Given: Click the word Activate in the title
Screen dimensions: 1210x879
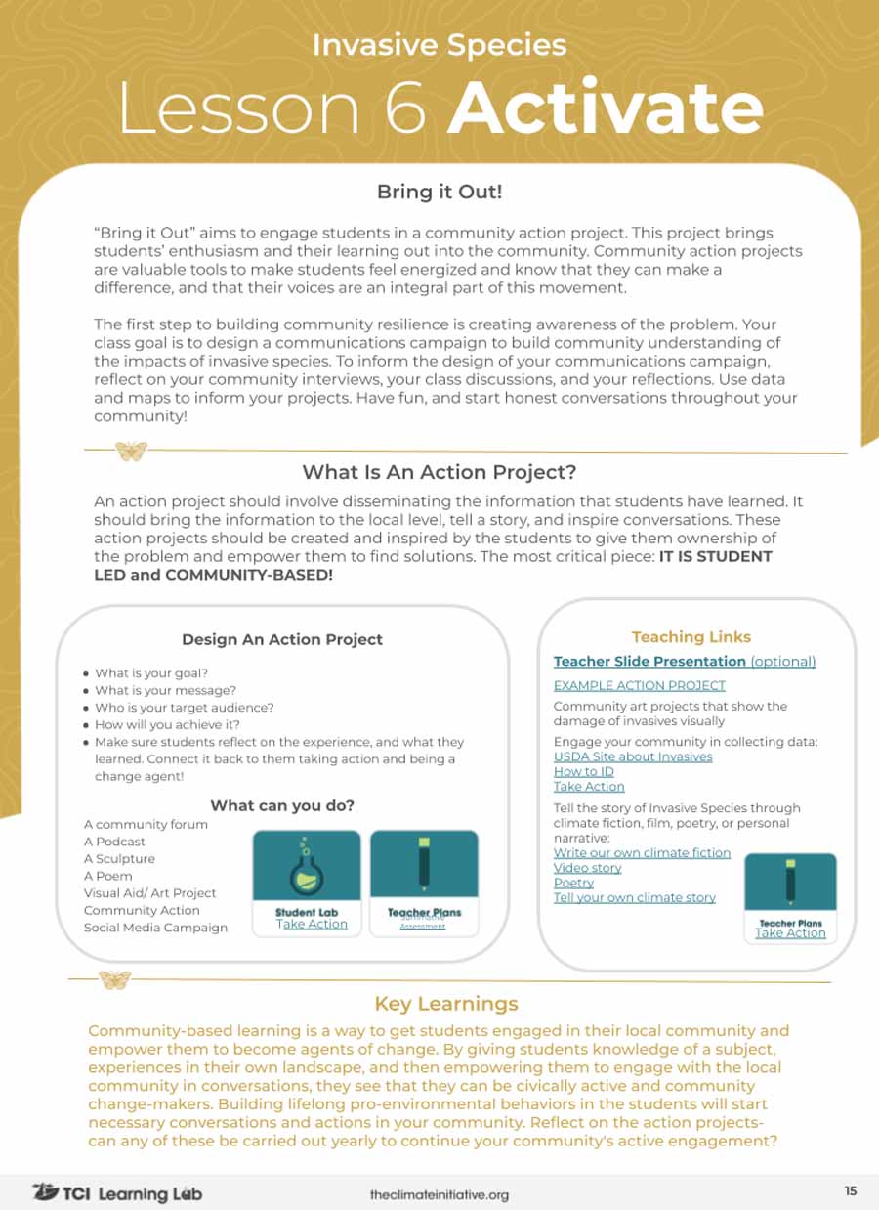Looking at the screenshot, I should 606,108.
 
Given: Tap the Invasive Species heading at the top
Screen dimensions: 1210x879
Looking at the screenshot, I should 439,45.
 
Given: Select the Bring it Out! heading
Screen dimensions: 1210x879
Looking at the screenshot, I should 439,192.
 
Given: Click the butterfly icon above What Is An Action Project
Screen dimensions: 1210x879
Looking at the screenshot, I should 131,451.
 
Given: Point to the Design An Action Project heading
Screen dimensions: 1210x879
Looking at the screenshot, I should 282,639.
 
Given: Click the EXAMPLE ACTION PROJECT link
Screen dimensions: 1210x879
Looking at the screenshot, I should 639,685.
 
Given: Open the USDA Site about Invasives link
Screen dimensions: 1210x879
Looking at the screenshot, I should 633,756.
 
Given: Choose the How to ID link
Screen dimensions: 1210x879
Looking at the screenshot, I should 583,771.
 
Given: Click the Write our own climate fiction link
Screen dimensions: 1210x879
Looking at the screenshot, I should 642,852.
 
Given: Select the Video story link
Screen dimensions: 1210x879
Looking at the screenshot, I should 587,868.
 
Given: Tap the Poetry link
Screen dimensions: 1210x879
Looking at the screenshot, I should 573,883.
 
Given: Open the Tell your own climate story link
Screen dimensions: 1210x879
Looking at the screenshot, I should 634,897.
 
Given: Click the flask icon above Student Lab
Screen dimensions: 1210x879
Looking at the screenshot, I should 308,865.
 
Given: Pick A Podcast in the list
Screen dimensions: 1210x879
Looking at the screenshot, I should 114,842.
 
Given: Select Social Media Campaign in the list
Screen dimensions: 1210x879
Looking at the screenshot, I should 155,928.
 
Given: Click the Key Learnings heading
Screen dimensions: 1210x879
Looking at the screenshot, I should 446,1004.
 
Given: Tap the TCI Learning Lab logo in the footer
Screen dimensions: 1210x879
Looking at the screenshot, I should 117,1192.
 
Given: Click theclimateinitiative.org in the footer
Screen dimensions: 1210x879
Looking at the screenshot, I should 439,1194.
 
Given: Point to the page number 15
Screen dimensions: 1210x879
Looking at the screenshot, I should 850,1190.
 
